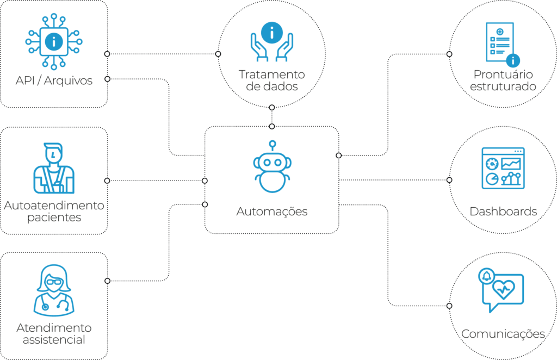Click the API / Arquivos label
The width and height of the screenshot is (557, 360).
click(x=54, y=81)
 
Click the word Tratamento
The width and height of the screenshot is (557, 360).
click(x=271, y=74)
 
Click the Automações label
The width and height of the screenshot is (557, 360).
click(x=272, y=212)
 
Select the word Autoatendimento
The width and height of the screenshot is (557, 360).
click(x=54, y=206)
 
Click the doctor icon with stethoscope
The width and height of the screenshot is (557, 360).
click(x=54, y=289)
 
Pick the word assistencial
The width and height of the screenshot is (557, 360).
click(x=54, y=340)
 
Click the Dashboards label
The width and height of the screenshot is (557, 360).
click(x=503, y=212)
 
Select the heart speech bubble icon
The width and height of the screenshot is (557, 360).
click(x=503, y=290)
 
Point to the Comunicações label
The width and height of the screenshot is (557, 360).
click(x=503, y=334)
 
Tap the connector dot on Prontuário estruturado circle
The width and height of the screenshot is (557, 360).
click(x=449, y=54)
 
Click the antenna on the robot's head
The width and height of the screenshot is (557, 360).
click(x=273, y=144)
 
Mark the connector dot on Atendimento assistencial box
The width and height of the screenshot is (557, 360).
click(x=107, y=281)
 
